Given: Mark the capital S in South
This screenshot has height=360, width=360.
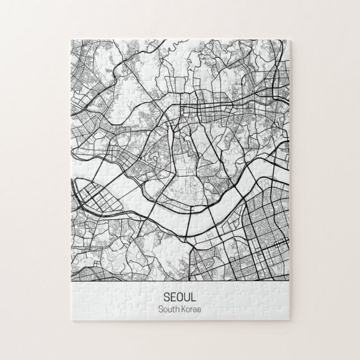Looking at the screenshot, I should coord(160,309).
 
